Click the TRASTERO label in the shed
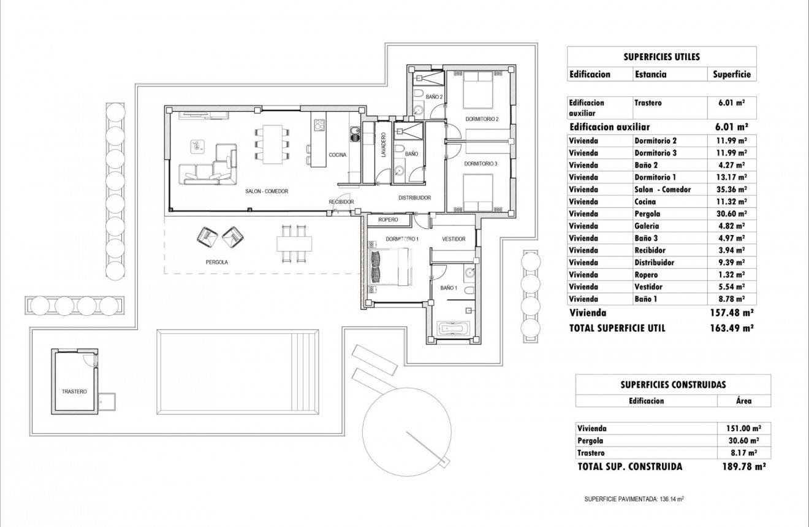click(x=74, y=391)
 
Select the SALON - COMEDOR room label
click(x=267, y=191)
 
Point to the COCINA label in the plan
click(x=338, y=155)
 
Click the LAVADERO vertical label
click(x=384, y=145)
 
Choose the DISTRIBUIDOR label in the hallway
click(x=415, y=198)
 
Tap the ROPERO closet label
click(x=388, y=220)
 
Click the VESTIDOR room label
click(x=454, y=239)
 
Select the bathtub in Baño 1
click(x=454, y=328)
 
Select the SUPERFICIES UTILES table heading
click(x=661, y=56)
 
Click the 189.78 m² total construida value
click(x=744, y=467)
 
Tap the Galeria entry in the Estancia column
click(x=649, y=226)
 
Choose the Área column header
click(x=743, y=401)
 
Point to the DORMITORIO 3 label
click(x=480, y=164)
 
